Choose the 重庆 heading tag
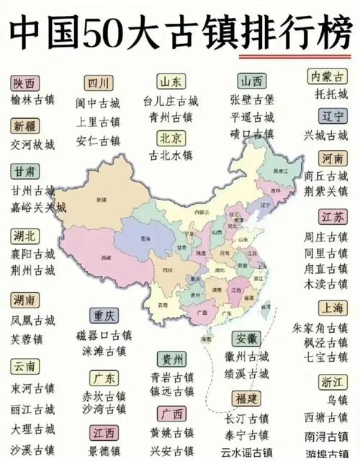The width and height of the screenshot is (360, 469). click(x=104, y=316)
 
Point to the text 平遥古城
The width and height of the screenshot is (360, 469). click(x=251, y=117)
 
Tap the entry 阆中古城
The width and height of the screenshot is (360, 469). click(x=98, y=102)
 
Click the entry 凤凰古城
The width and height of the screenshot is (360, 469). click(x=32, y=319)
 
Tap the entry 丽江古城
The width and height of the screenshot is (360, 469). click(x=32, y=408)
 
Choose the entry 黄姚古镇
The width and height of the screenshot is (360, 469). click(x=171, y=432)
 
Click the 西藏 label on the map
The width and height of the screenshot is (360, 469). click(x=107, y=256)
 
